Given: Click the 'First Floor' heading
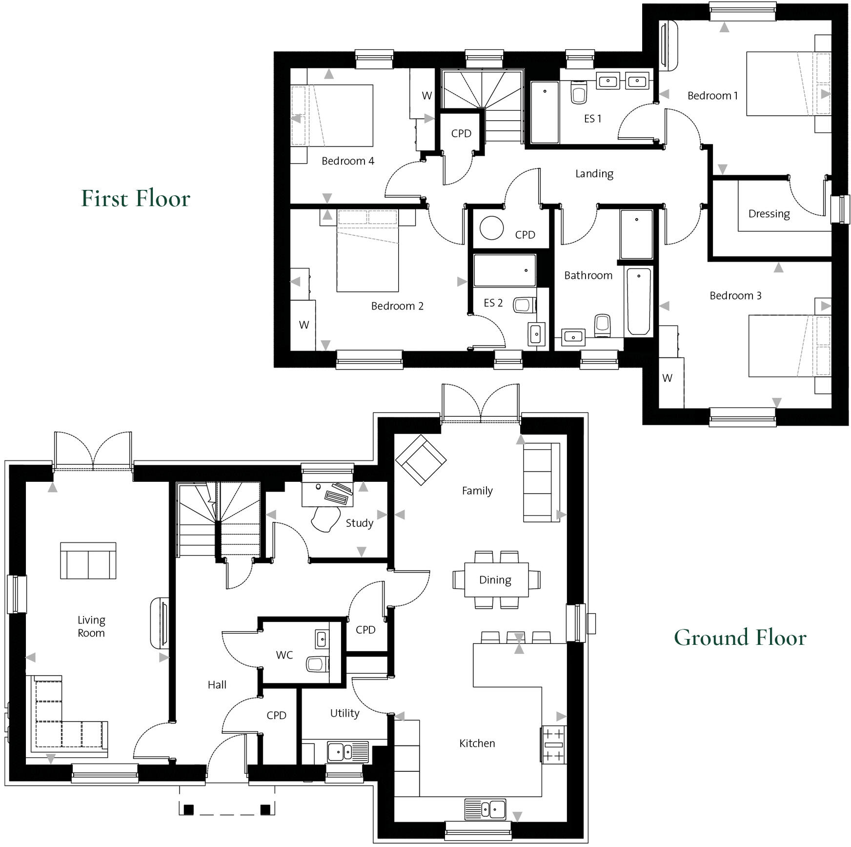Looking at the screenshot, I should [x=136, y=198].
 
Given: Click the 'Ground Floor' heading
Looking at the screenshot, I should [x=740, y=638].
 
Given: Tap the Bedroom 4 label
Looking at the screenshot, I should [x=347, y=161].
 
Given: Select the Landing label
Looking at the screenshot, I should [x=594, y=174].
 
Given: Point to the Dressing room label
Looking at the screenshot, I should [x=769, y=214].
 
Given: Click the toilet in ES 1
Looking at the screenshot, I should [x=579, y=93].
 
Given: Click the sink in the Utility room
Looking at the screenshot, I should [x=341, y=752].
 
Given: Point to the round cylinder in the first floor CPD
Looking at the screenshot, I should [x=491, y=227].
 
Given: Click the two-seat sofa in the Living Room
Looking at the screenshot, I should [x=88, y=561].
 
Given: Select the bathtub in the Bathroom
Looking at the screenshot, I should [x=638, y=301].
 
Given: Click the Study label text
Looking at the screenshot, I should [x=359, y=523].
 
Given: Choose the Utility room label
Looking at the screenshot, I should [x=344, y=713].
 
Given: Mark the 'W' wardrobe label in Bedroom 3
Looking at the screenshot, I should [x=667, y=378].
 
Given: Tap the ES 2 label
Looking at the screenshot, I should [x=493, y=303].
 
